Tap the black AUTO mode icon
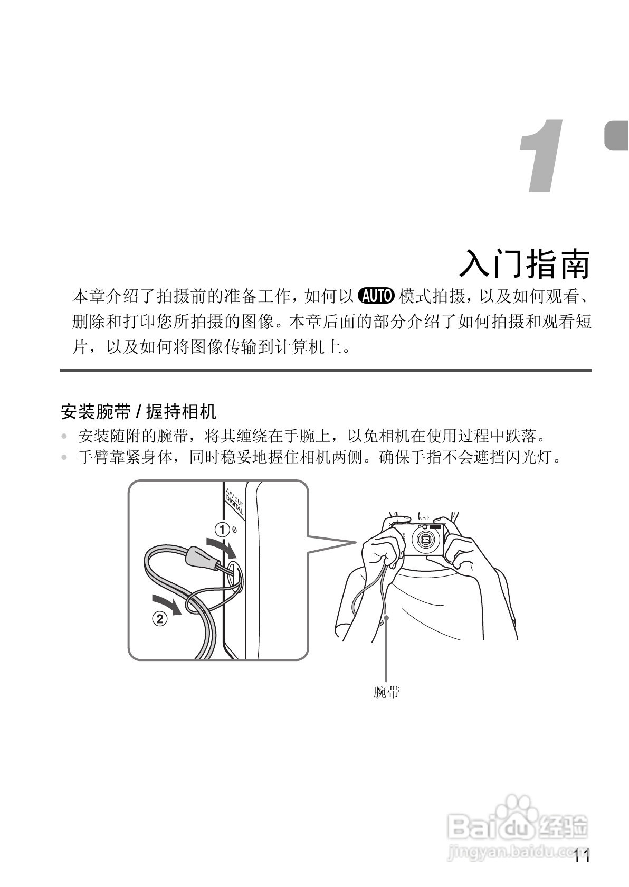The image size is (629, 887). pyautogui.click(x=376, y=297)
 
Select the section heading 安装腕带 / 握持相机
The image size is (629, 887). pyautogui.click(x=139, y=411)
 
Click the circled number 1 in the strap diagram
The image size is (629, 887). pyautogui.click(x=222, y=529)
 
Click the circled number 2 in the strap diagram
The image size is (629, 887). pyautogui.click(x=159, y=618)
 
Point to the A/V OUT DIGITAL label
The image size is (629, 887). pyautogui.click(x=234, y=503)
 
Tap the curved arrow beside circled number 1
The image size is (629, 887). pyautogui.click(x=222, y=547)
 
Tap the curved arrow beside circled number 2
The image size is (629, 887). pyautogui.click(x=166, y=603)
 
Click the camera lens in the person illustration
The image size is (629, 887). pyautogui.click(x=425, y=539)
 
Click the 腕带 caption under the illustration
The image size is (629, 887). pyautogui.click(x=386, y=692)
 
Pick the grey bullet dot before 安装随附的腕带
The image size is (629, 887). pyautogui.click(x=64, y=437)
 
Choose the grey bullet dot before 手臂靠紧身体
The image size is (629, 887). pyautogui.click(x=64, y=458)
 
